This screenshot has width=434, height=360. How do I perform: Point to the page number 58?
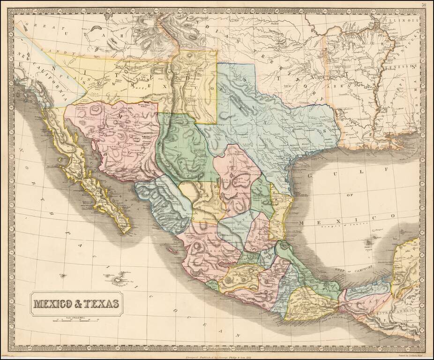pyautogui.click(x=423, y=5)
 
